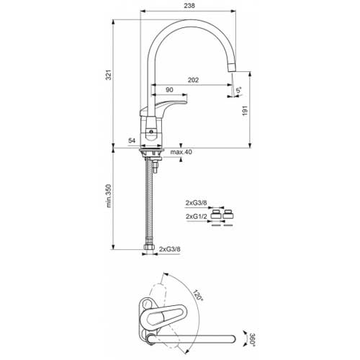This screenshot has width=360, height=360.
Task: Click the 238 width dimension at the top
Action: [189, 6]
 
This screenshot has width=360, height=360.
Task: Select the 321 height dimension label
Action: [109, 75]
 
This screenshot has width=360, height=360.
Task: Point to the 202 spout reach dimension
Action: [193, 80]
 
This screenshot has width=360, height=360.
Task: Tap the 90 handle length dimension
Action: [169, 90]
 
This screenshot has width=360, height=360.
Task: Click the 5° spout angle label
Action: [239, 90]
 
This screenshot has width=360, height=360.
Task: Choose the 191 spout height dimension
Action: [245, 111]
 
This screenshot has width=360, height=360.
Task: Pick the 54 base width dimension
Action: [132, 140]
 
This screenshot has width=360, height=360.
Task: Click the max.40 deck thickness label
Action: [181, 152]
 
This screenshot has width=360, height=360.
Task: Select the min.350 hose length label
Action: [109, 196]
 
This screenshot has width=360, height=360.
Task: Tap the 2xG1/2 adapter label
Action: [197, 216]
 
